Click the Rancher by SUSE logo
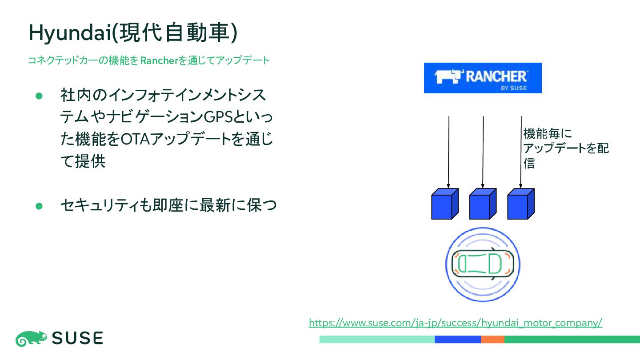pos(482,78)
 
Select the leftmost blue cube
pos(444,204)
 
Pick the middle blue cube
pos(482,204)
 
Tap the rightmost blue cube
pos(520,204)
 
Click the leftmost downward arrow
pos(448,151)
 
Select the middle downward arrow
pos(483,151)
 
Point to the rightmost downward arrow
pos(521,151)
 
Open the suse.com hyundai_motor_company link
pos(456,323)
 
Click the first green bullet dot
pos(39,96)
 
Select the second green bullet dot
pos(39,206)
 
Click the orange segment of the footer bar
pos(492,340)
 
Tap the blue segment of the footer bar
pos(458,340)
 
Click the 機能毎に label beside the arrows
pos(548,134)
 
